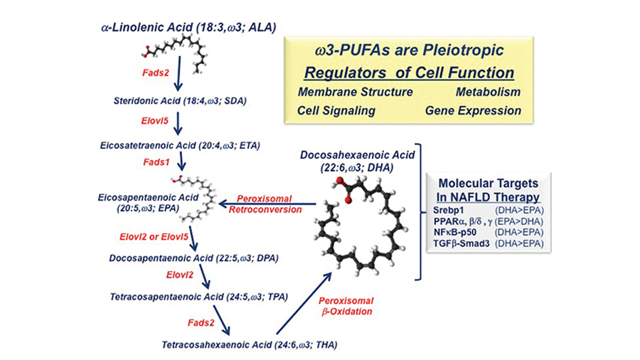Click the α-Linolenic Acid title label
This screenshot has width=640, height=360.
(x=188, y=27)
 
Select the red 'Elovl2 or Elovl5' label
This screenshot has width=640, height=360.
(x=156, y=234)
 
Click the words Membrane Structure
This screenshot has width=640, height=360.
(x=356, y=92)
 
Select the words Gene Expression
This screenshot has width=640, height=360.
(x=473, y=111)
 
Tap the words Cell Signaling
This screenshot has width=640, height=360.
(x=336, y=111)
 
